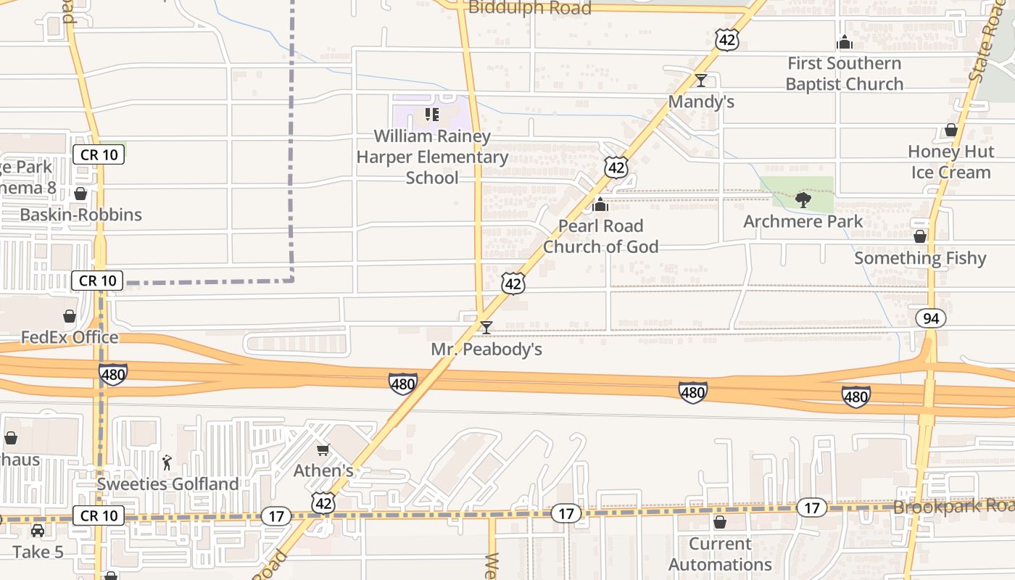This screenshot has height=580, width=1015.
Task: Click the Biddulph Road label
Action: point(530,8)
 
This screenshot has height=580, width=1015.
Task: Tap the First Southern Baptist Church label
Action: point(845,73)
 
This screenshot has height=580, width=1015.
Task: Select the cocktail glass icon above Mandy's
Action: point(701,80)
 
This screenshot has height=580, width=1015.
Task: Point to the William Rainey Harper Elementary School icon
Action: point(432,115)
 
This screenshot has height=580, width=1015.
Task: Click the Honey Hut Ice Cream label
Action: point(950,162)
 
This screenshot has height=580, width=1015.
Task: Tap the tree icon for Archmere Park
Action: point(803,200)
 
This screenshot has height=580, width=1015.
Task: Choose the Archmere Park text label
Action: point(803,221)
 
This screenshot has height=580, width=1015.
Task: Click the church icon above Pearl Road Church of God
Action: point(600,204)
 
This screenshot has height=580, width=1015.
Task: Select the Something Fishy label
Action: point(920,258)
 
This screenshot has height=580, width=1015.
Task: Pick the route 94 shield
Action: point(930,318)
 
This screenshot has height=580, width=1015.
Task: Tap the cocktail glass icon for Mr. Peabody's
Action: point(486,328)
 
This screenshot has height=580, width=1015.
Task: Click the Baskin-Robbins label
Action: point(80,215)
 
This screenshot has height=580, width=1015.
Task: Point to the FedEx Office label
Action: point(70,337)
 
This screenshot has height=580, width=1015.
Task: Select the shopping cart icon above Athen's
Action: point(323,450)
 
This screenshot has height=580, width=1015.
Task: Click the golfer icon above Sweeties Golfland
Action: point(167,462)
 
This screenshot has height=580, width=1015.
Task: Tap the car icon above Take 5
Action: point(38,531)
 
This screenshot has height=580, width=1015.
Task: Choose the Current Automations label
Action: point(720,554)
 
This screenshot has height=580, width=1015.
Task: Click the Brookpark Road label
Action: point(953,506)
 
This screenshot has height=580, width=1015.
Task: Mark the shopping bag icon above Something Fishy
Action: point(920,237)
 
